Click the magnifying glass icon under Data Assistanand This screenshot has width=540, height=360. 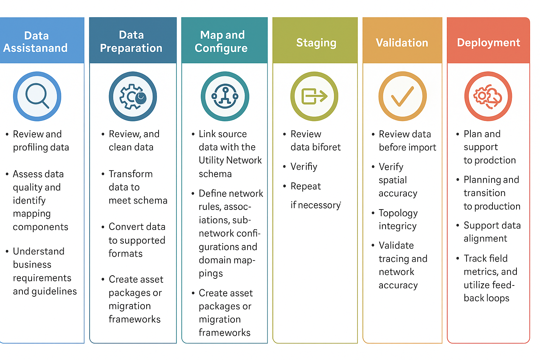[x=37, y=96]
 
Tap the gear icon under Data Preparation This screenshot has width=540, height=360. [x=133, y=97]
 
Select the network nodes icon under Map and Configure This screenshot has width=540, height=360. [x=225, y=96]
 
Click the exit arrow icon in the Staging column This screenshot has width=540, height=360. [x=314, y=96]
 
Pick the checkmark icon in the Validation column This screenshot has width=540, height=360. [x=403, y=96]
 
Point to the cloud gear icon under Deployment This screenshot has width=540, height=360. [x=488, y=96]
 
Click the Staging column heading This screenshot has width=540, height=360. [x=316, y=43]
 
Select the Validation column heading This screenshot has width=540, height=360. [x=402, y=43]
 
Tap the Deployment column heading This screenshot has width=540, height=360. [x=488, y=43]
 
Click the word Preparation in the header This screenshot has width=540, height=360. [x=131, y=48]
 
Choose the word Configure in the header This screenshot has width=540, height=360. [x=221, y=48]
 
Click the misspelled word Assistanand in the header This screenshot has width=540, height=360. [x=36, y=48]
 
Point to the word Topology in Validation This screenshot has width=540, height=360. [x=398, y=213]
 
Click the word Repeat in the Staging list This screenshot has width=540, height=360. [x=306, y=186]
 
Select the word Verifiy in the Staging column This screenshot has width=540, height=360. [x=304, y=167]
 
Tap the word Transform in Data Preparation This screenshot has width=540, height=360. [x=130, y=174]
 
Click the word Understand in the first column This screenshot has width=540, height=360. [x=39, y=251]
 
